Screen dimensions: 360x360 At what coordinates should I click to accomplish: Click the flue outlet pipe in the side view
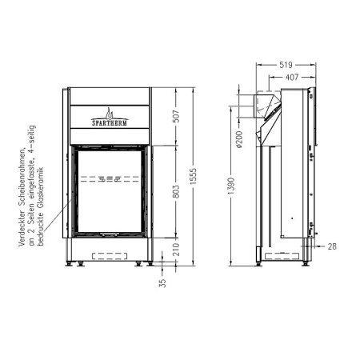(263, 104)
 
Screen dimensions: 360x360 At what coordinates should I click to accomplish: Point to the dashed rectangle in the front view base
(109, 255)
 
